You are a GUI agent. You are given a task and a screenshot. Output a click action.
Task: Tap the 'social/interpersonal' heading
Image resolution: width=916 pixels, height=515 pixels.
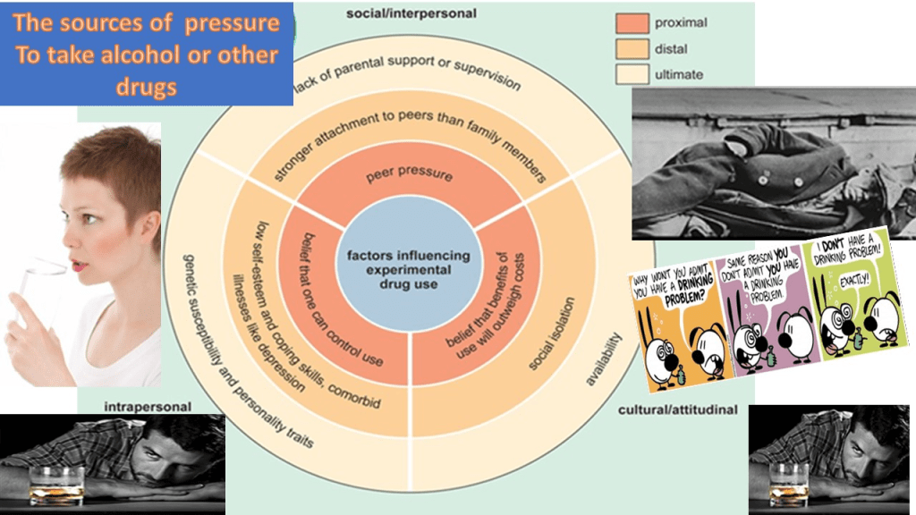pyautogui.click(x=411, y=13)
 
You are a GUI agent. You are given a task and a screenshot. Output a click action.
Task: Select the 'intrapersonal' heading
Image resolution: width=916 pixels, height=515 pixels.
pyautogui.click(x=148, y=407)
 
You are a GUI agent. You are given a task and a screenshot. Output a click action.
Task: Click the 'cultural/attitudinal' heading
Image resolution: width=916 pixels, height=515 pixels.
pyautogui.click(x=678, y=410)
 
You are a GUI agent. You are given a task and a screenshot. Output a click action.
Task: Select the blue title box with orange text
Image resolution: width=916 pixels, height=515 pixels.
pyautogui.click(x=147, y=54)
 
